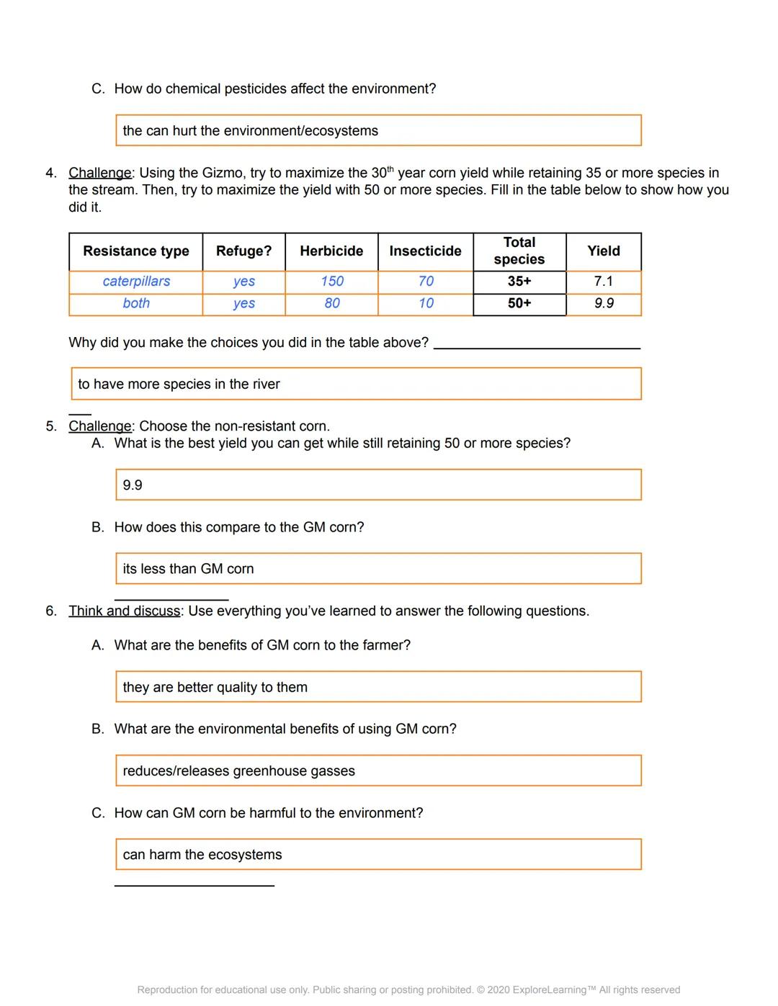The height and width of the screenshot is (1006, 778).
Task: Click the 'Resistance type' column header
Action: tap(135, 251)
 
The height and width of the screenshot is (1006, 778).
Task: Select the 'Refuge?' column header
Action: tap(243, 251)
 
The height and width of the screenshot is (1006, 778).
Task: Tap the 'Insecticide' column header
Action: tap(425, 251)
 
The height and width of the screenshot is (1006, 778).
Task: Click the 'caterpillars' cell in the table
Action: tap(136, 282)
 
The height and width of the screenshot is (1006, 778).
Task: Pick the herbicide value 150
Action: tap(331, 282)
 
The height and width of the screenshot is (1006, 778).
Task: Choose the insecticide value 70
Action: tap(426, 282)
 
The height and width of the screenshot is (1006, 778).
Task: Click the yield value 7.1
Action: tap(603, 282)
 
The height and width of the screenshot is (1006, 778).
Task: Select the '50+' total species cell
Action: tap(519, 303)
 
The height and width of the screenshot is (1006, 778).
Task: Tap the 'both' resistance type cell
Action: tap(136, 303)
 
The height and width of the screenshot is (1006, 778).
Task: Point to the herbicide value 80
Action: tap(331, 303)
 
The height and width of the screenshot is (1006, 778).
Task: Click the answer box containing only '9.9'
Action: tap(377, 485)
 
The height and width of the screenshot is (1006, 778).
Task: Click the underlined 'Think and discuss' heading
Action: tap(125, 611)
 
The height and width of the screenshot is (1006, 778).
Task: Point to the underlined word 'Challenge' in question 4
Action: tap(100, 174)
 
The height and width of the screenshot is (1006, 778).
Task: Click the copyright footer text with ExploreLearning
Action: tap(408, 990)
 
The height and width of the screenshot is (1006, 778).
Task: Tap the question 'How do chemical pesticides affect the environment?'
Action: tap(274, 89)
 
